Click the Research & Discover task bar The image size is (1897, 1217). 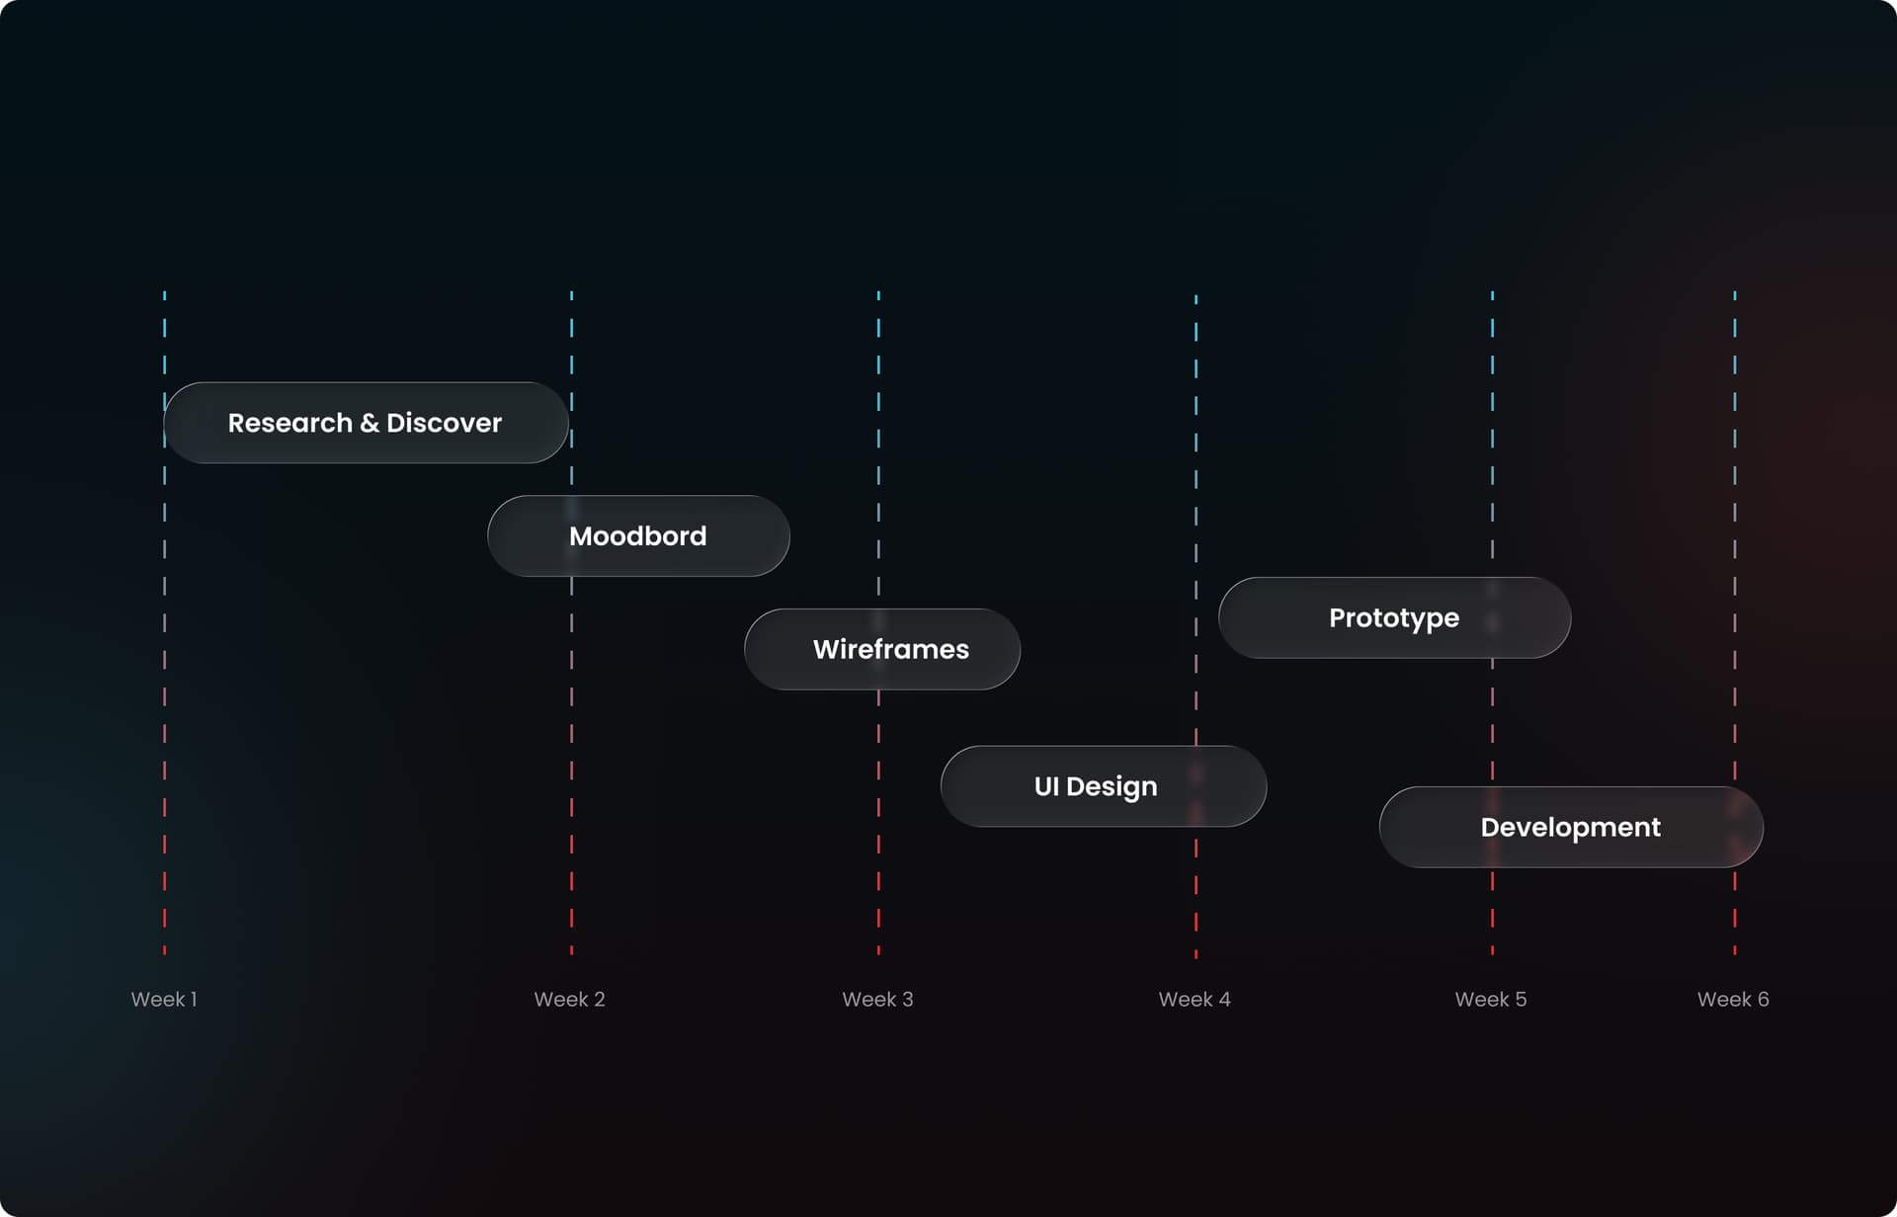366,423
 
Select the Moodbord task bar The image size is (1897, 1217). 638,536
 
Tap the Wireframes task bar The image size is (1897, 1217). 882,649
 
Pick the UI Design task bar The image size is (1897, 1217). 1104,786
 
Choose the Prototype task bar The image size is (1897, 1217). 1394,617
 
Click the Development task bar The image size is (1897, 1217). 1571,827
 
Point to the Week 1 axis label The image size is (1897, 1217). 164,1000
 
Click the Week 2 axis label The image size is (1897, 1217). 570,1000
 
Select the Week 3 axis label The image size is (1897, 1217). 878,1000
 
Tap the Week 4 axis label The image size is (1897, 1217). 1195,1000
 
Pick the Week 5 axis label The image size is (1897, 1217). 1491,1000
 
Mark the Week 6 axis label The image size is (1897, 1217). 1733,1000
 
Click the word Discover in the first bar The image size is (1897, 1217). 444,423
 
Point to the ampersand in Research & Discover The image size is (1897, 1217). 370,423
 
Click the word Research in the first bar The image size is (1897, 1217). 290,423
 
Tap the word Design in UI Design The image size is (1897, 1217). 1112,787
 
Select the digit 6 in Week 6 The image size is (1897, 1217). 1763,1000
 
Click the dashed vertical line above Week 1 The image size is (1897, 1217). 164,622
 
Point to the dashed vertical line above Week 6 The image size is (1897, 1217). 1734,622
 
